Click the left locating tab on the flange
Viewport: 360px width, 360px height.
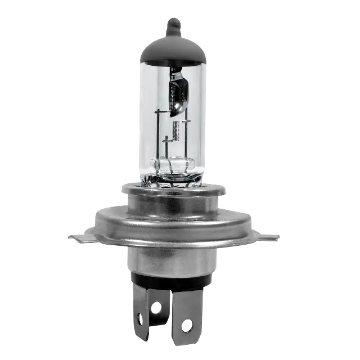tap(79, 237)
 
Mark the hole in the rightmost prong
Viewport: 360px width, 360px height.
tap(187, 325)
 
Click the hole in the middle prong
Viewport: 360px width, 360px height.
tap(156, 307)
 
